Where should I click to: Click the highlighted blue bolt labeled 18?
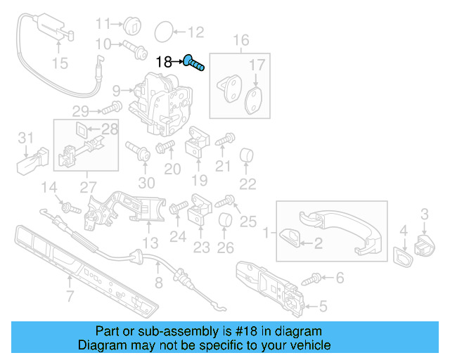(195, 63)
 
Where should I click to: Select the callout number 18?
(163, 62)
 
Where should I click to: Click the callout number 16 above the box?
(241, 40)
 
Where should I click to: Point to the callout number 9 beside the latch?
(116, 90)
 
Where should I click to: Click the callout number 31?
(25, 137)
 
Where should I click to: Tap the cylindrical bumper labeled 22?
(247, 155)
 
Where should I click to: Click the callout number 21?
(223, 167)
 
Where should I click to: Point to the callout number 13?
(150, 243)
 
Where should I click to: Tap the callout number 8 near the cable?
(158, 283)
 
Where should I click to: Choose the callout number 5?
(323, 306)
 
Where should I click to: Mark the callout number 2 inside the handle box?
(317, 243)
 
